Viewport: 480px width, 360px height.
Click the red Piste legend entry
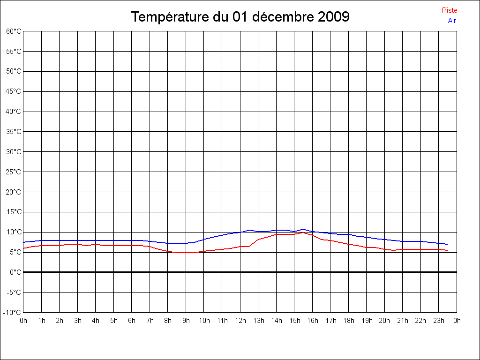449,10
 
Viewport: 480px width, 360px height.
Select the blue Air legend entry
452,21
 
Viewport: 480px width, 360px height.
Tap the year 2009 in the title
333,17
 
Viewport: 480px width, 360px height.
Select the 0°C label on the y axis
15,272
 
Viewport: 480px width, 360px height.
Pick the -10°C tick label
13,313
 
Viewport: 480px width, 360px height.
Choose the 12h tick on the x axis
240,321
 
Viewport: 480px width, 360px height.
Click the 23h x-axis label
439,321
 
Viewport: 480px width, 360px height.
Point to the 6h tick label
132,321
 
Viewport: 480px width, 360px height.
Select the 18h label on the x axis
348,321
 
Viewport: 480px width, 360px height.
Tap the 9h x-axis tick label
186,321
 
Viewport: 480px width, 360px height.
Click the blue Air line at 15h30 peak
303,229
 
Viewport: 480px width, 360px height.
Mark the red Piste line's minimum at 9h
186,253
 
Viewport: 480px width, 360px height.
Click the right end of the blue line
448,244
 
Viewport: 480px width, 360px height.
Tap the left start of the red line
23,248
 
